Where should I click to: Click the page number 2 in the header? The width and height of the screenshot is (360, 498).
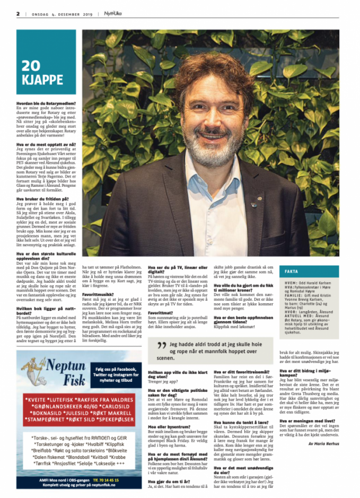click(x=17, y=14)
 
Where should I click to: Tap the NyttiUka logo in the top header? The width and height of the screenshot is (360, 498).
click(x=111, y=14)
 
